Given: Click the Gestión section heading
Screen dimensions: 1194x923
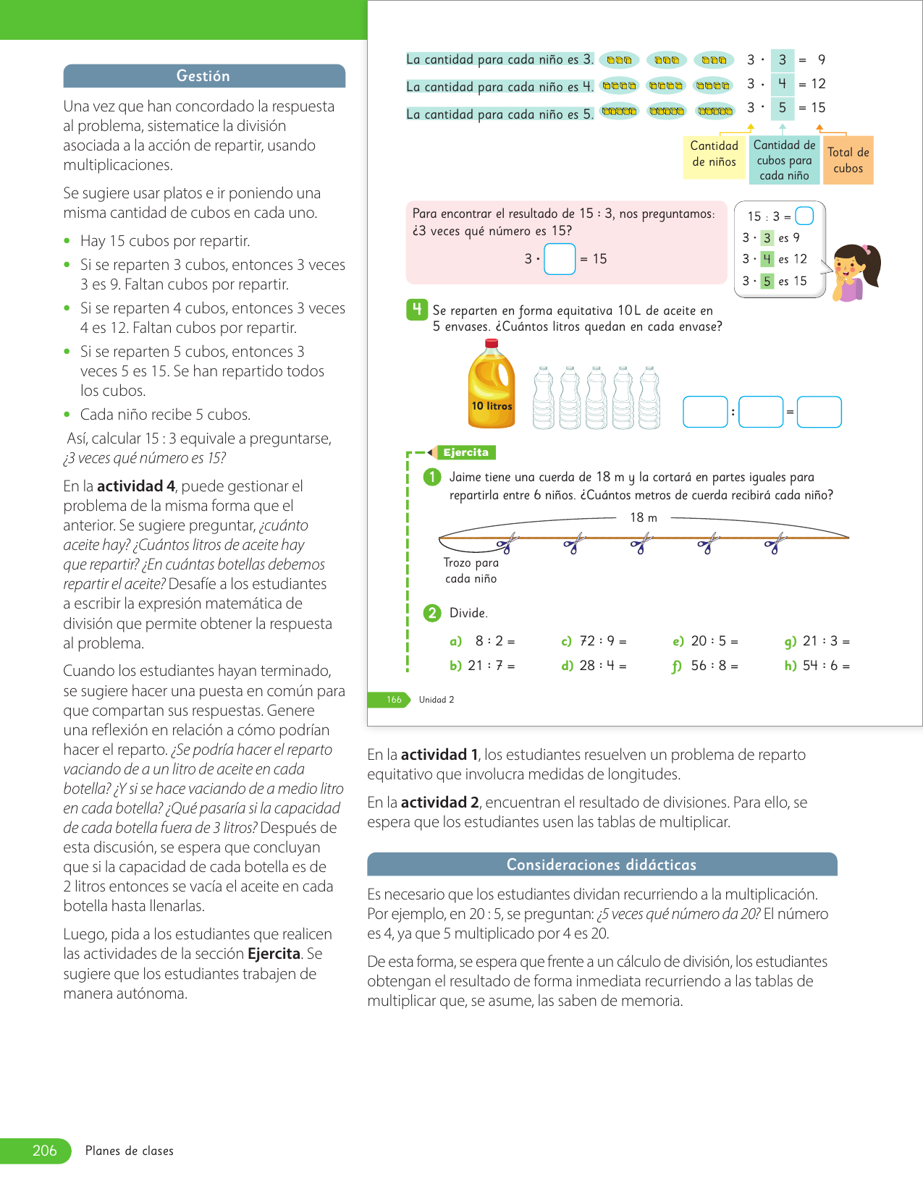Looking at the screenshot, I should click(203, 76).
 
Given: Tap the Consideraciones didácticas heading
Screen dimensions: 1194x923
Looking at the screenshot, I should click(602, 865).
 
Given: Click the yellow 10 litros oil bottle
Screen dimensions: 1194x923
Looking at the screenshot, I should click(492, 385).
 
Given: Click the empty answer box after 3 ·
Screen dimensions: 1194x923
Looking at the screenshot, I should click(560, 259).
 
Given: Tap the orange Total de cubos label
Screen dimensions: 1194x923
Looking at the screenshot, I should click(848, 161).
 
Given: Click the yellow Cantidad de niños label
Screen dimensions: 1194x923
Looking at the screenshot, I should click(714, 154).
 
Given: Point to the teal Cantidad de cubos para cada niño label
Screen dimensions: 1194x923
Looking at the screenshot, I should click(784, 160).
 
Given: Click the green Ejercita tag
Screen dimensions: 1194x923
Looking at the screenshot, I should click(465, 452).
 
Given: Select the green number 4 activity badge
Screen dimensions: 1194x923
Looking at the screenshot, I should click(416, 310).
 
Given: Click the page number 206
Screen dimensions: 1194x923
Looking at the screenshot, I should click(44, 1151).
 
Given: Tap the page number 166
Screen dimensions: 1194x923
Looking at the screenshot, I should click(394, 700).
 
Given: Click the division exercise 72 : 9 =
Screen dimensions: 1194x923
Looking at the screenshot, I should click(602, 641).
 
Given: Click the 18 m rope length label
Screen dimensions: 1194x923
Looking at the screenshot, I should click(644, 517).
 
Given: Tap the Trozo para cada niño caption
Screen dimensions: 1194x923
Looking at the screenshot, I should click(471, 570).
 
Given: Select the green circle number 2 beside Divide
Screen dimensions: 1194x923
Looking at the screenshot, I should click(432, 613).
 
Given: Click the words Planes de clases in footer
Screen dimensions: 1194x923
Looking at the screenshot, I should click(130, 1151).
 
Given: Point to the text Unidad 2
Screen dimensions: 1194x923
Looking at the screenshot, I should click(437, 700).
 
